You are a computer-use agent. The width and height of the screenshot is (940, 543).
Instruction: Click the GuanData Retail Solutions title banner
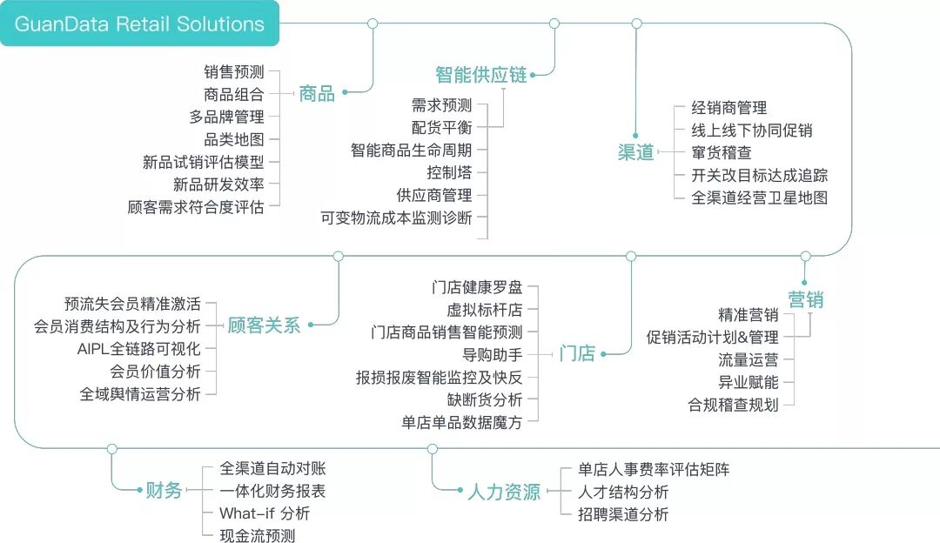(x=139, y=23)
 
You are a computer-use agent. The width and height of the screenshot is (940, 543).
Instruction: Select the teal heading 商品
(x=317, y=94)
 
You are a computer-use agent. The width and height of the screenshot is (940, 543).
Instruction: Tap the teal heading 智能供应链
(x=481, y=75)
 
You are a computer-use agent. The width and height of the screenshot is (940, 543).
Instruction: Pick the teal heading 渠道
(x=636, y=152)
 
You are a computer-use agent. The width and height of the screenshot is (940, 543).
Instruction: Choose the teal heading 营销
(x=805, y=300)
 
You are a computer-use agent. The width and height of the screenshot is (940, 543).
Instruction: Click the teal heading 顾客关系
(x=264, y=325)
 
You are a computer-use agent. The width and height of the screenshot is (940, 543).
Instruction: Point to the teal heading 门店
(x=577, y=353)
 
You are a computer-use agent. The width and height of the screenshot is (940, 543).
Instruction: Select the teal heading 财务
(x=164, y=491)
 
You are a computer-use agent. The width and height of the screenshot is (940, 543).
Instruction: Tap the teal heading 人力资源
(x=504, y=492)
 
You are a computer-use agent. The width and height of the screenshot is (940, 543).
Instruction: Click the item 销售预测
(x=234, y=72)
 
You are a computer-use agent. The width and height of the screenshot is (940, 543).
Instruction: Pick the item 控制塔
(x=449, y=173)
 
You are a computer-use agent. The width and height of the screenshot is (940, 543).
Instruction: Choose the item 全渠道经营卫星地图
(x=760, y=197)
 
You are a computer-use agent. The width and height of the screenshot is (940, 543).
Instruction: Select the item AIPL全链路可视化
(x=139, y=349)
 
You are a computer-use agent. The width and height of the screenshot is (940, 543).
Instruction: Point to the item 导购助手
(x=493, y=355)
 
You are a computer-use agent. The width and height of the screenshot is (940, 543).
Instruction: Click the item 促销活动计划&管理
(x=713, y=337)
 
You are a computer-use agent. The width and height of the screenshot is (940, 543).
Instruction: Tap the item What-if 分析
(x=265, y=513)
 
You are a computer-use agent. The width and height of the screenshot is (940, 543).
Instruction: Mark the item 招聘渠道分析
(x=624, y=513)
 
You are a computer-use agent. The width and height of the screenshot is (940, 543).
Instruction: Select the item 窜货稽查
(x=722, y=152)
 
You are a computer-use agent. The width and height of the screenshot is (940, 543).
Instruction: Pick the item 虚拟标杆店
(x=485, y=309)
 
